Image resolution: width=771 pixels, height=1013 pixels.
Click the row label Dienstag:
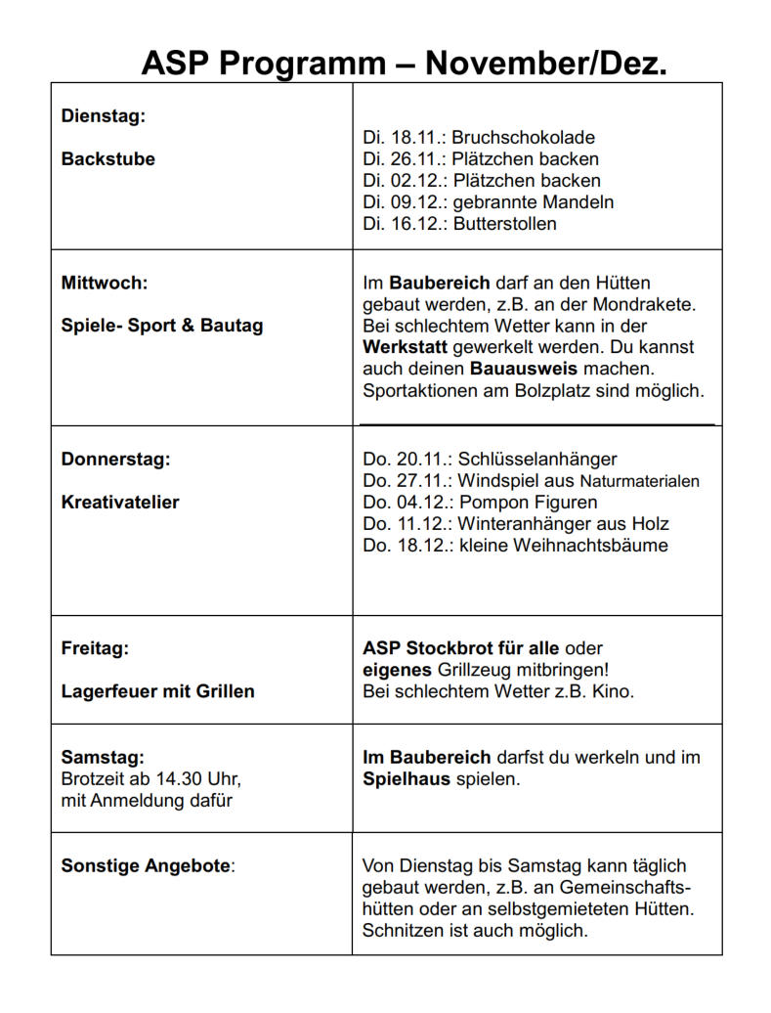103,116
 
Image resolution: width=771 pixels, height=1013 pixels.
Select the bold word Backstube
107,159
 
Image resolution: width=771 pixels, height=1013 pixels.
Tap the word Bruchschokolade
523,138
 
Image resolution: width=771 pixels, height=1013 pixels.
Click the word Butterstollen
504,224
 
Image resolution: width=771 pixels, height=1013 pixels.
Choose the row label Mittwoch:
105,284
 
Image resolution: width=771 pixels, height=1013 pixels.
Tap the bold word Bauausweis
524,370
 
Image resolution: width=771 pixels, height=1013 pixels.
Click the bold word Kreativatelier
120,503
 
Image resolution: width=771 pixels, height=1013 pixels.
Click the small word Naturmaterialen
640,481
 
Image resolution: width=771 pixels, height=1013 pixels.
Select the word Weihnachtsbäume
595,546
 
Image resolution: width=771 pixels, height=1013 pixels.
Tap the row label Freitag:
95,648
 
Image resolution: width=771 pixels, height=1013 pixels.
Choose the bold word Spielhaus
407,779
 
